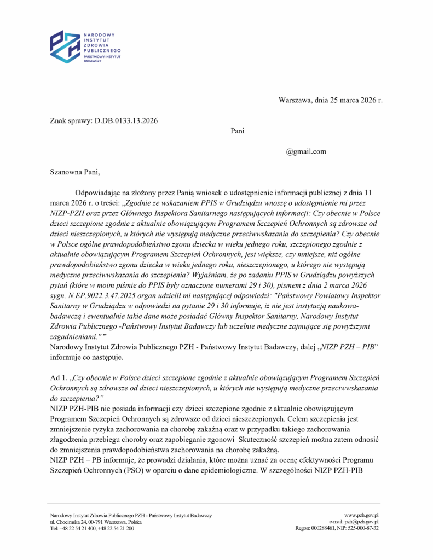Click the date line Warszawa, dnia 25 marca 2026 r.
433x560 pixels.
click(330, 100)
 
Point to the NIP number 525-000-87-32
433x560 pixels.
click(365, 528)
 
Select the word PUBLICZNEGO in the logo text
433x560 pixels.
click(102, 50)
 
